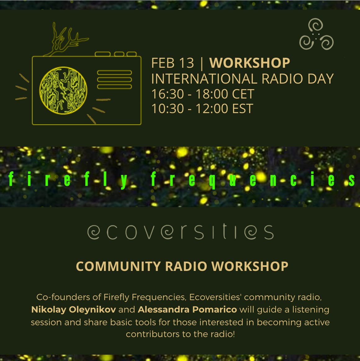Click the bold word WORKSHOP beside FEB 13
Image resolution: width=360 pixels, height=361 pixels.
(250, 63)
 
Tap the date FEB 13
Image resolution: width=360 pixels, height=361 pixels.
(173, 63)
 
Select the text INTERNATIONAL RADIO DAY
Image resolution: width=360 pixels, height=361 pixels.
(242, 79)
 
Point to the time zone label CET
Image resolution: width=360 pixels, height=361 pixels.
(243, 94)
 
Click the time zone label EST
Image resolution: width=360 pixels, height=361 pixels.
(243, 109)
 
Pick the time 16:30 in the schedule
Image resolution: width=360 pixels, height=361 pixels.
(168, 94)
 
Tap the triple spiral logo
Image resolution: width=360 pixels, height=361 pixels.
(316, 34)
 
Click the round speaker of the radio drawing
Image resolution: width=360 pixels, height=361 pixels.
(63, 90)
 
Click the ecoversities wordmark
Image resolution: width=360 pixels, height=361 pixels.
(181, 231)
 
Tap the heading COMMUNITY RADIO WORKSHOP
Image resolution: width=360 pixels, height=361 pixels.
(182, 266)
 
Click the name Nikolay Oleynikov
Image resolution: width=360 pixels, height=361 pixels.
(74, 309)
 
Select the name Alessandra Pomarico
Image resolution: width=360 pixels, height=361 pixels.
(187, 309)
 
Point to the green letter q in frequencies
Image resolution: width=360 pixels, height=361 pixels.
(212, 181)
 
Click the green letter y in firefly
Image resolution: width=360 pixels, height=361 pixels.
(124, 181)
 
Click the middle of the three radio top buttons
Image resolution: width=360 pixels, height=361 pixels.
(119, 54)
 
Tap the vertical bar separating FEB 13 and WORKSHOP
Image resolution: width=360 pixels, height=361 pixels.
(202, 64)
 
